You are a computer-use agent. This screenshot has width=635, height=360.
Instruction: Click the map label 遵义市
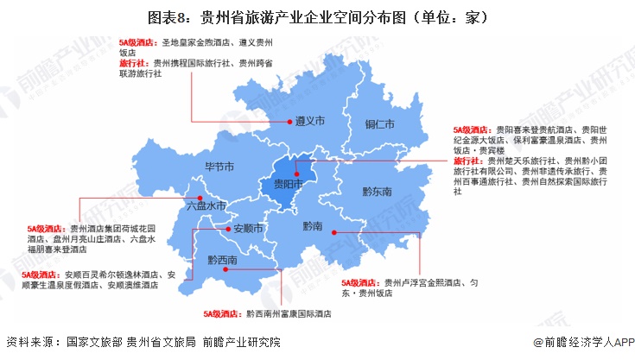tap(309, 123)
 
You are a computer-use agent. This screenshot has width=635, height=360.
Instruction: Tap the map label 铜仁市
tap(378, 124)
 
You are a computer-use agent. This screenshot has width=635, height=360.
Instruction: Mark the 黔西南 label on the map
tap(222, 259)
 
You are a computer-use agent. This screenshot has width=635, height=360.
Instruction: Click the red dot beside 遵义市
tap(288, 123)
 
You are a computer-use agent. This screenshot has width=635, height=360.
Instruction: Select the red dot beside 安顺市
tap(226, 230)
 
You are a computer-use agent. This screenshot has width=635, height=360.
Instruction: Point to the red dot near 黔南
tap(335, 231)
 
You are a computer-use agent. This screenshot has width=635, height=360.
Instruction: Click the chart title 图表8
tap(317, 16)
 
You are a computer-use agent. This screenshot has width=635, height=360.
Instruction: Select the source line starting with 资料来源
tap(143, 343)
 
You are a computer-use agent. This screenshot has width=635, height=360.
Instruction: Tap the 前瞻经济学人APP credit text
tap(584, 343)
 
